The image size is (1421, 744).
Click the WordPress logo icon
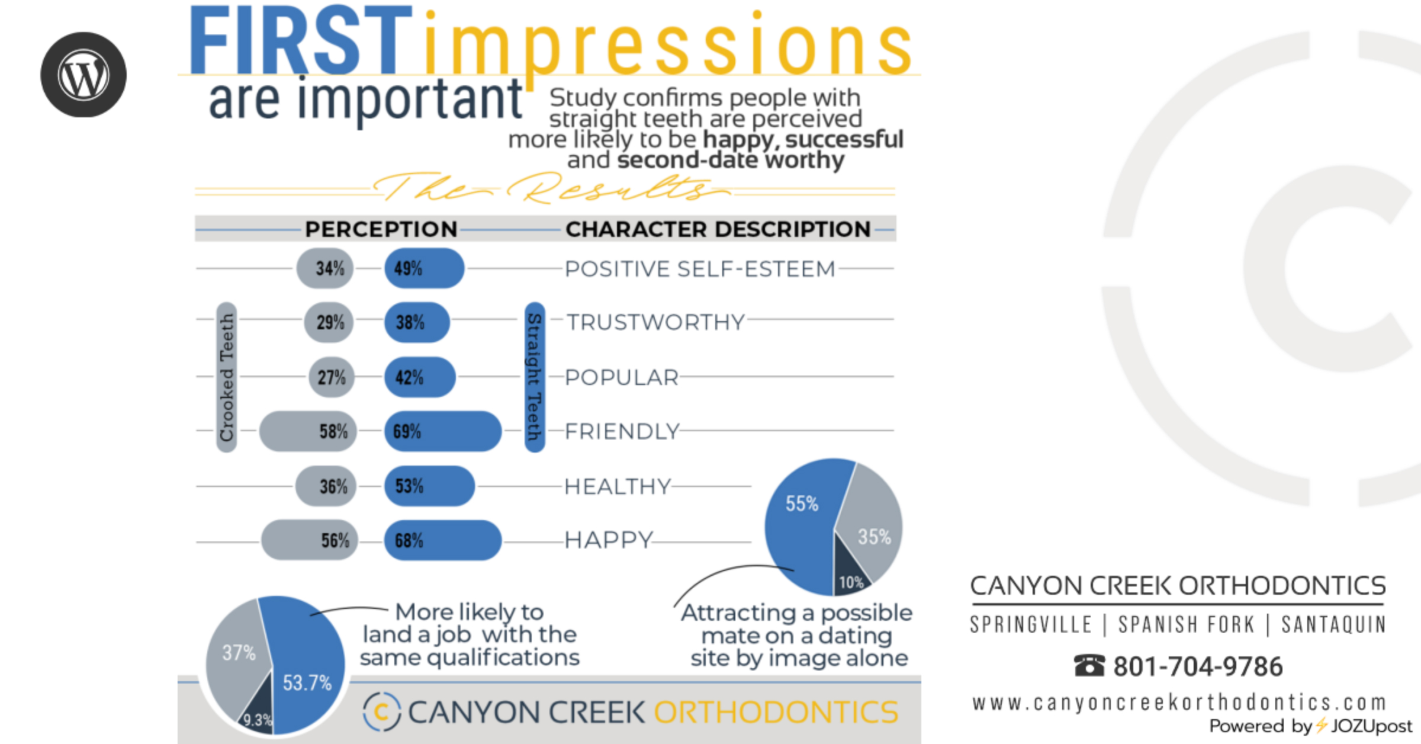pyautogui.click(x=83, y=75)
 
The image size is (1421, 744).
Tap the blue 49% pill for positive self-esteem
pyautogui.click(x=425, y=268)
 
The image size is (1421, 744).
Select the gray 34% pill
pyautogui.click(x=325, y=268)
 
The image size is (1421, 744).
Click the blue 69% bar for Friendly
pyautogui.click(x=443, y=431)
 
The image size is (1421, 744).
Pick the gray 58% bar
pyautogui.click(x=308, y=431)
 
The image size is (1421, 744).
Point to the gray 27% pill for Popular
pyautogui.click(x=332, y=377)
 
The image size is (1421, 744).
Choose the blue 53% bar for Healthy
pyautogui.click(x=429, y=486)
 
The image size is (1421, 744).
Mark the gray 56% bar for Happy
pyautogui.click(x=310, y=540)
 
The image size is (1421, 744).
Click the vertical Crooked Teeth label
pyautogui.click(x=227, y=377)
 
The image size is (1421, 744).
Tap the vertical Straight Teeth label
pyautogui.click(x=535, y=377)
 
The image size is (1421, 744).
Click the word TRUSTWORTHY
pyautogui.click(x=655, y=322)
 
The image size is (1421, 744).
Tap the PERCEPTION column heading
pyautogui.click(x=381, y=229)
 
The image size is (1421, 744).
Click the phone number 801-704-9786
pyautogui.click(x=1198, y=666)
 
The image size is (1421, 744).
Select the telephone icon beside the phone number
pyautogui.click(x=1089, y=666)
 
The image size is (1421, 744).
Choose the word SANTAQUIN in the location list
pyautogui.click(x=1333, y=624)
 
